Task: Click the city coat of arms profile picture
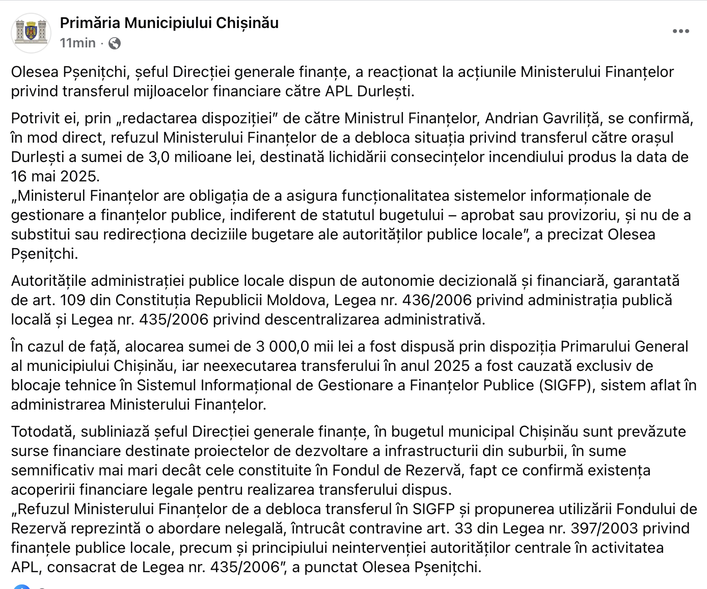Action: coord(32,33)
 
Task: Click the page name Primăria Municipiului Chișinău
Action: coord(169,23)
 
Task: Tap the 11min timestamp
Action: coord(77,43)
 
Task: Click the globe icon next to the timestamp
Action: coord(115,44)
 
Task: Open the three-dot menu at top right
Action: coord(681,32)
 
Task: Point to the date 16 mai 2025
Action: coord(55,176)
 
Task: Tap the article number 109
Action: coord(72,300)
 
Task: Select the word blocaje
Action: coord(38,385)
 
